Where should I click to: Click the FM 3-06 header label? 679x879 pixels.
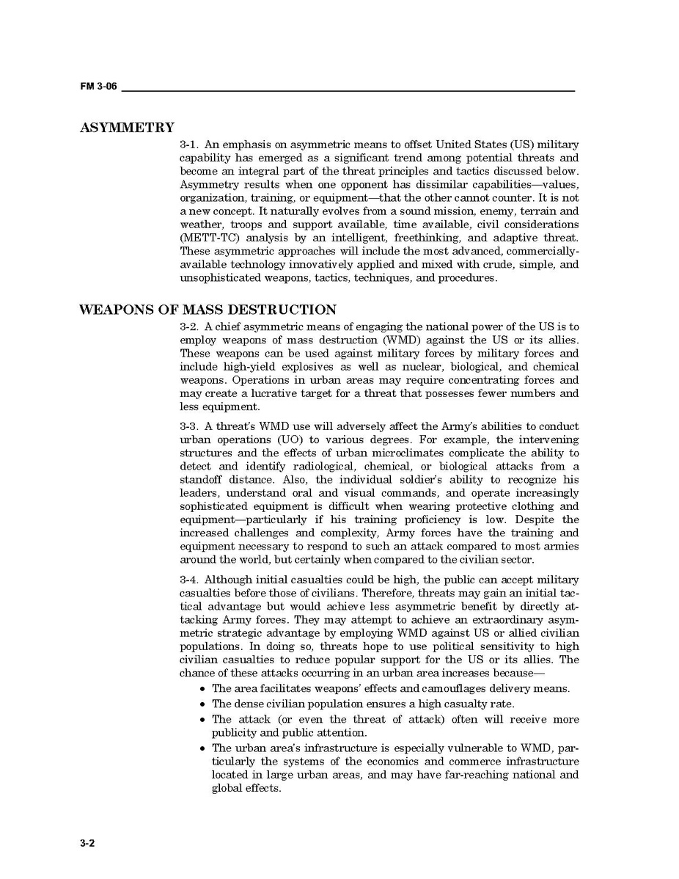(x=98, y=87)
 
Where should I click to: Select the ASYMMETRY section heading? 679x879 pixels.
(x=127, y=128)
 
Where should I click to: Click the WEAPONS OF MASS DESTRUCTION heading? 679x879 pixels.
(x=208, y=310)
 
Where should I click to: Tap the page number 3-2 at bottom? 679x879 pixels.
(x=87, y=843)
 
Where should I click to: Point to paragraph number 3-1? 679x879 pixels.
(x=189, y=145)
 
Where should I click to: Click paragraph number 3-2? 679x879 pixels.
(x=189, y=327)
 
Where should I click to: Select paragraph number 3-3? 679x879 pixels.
(x=189, y=426)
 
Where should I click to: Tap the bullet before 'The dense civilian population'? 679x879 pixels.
(x=202, y=704)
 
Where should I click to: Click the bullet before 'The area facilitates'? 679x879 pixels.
(x=202, y=689)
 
